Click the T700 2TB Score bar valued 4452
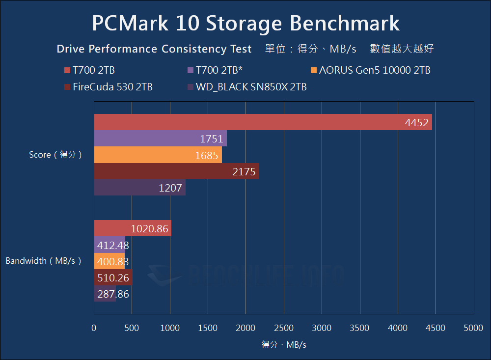click(263, 122)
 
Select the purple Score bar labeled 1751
click(160, 138)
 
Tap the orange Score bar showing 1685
click(158, 155)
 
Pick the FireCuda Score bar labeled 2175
click(176, 171)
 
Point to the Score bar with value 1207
click(139, 188)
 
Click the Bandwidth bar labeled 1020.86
click(133, 228)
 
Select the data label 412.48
click(111, 245)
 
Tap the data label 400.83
click(111, 261)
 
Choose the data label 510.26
click(113, 278)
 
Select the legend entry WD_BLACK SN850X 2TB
click(251, 87)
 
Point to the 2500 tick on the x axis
click(284, 328)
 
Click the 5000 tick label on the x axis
click(473, 328)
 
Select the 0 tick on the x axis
click(94, 328)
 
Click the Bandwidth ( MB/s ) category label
click(43, 261)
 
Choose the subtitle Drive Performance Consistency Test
click(154, 49)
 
